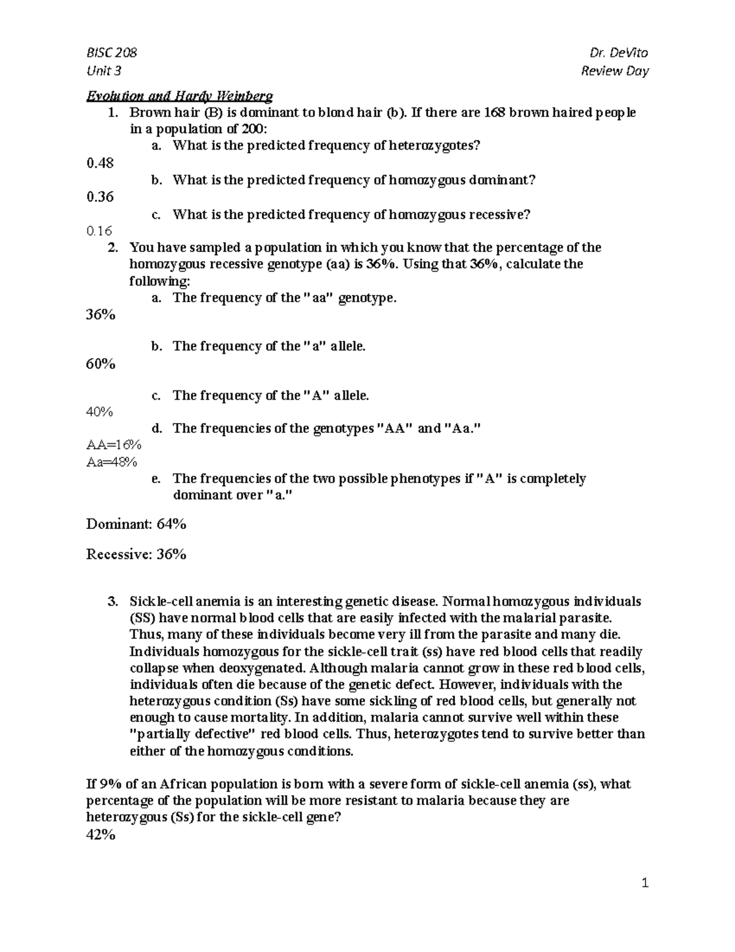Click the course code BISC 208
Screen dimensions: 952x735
click(111, 53)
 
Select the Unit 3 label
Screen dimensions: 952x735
click(104, 71)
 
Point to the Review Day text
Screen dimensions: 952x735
click(614, 71)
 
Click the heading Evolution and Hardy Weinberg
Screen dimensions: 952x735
click(179, 96)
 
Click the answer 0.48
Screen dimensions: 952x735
click(100, 162)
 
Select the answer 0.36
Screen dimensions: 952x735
click(100, 197)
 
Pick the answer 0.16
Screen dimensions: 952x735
click(99, 231)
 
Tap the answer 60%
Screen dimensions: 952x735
click(101, 364)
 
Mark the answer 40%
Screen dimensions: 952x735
click(100, 412)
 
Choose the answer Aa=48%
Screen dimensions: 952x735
click(112, 462)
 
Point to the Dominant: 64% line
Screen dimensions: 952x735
click(136, 524)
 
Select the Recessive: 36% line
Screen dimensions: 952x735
click(136, 554)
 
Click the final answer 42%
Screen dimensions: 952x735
click(101, 834)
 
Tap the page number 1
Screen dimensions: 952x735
click(644, 883)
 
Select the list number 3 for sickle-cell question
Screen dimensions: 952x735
click(112, 601)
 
